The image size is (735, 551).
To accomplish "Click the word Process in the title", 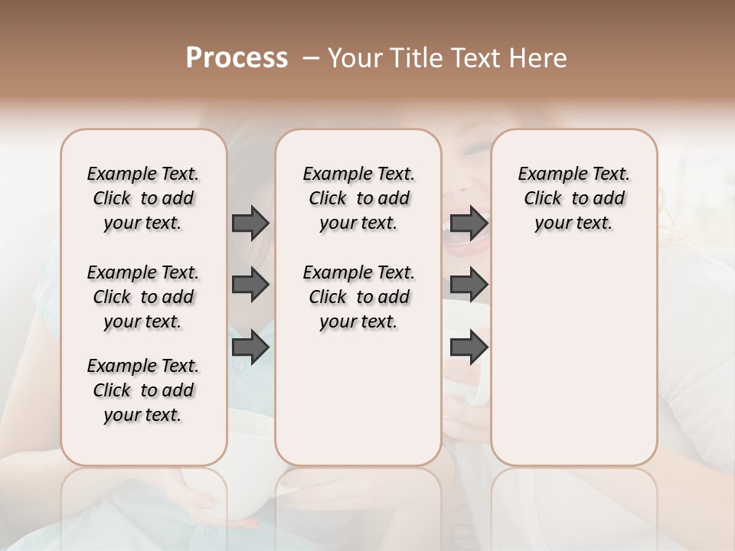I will pyautogui.click(x=237, y=58).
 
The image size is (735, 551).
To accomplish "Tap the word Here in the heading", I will pyautogui.click(x=536, y=58).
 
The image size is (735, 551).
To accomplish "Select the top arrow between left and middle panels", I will pyautogui.click(x=250, y=223).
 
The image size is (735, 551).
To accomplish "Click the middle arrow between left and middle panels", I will pyautogui.click(x=250, y=285).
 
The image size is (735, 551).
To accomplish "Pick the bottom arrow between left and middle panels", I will pyautogui.click(x=250, y=347).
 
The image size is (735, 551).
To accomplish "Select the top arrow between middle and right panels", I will pyautogui.click(x=469, y=223).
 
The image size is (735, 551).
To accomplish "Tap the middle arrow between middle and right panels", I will pyautogui.click(x=469, y=285).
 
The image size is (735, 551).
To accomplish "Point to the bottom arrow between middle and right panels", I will pyautogui.click(x=469, y=347).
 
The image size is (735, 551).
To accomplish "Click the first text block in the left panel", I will pyautogui.click(x=143, y=198).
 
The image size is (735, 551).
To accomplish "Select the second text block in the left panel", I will pyautogui.click(x=143, y=297).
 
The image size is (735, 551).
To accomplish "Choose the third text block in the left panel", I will pyautogui.click(x=143, y=390).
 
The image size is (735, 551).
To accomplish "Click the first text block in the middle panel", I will pyautogui.click(x=358, y=198).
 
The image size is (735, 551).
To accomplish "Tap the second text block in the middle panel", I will pyautogui.click(x=358, y=297).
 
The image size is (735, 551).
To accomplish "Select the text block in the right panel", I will pyautogui.click(x=573, y=198).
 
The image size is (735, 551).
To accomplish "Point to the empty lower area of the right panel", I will pyautogui.click(x=573, y=360).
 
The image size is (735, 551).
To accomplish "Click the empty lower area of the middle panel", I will pyautogui.click(x=358, y=398).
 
